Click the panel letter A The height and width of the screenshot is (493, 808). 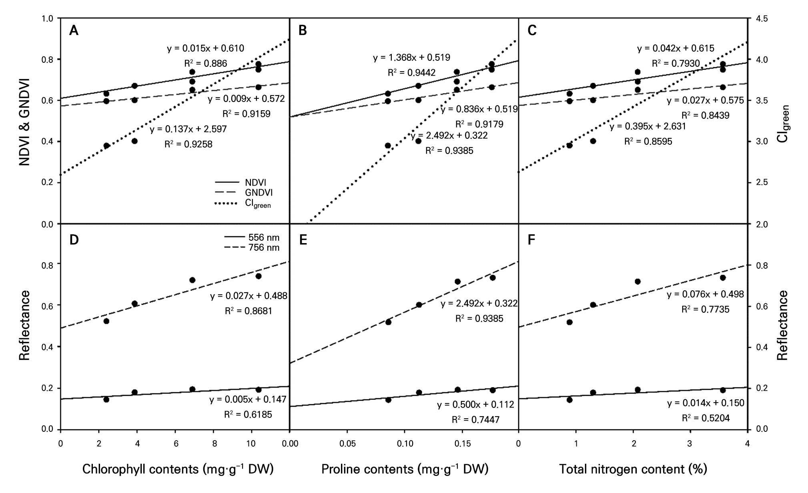[74, 31]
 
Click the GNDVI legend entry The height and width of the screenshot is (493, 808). [259, 192]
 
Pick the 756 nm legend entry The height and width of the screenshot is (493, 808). [264, 247]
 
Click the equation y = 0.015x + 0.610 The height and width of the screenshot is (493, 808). [205, 49]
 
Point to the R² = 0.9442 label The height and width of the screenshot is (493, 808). [411, 72]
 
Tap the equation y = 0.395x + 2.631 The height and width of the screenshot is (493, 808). [648, 127]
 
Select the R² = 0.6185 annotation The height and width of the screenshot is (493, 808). [248, 415]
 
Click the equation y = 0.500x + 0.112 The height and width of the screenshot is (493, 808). [475, 405]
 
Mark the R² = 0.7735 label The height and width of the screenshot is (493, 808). [706, 309]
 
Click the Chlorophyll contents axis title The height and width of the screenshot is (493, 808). [178, 469]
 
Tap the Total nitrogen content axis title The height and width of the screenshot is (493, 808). [633, 469]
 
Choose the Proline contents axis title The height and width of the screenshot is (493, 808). [405, 469]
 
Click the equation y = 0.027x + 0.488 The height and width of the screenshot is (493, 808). [249, 296]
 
